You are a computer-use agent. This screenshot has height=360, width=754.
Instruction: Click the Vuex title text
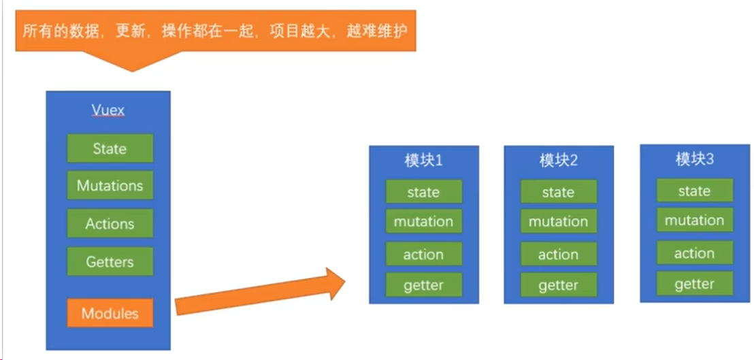pos(108,110)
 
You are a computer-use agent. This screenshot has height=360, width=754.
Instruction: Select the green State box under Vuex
pos(110,148)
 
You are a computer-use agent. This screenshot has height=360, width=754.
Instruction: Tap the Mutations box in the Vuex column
pos(110,186)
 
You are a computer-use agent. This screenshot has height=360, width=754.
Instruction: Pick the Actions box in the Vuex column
pos(110,223)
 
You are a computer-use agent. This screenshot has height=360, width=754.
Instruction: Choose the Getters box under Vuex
pos(110,261)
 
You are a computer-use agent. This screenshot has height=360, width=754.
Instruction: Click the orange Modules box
pos(110,313)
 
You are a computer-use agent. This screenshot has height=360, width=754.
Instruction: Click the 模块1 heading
pos(423,161)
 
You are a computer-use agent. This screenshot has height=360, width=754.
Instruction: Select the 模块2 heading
pos(558,161)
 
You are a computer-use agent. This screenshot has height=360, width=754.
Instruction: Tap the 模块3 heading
pos(694,159)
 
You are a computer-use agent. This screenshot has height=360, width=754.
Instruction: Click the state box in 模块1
pos(423,192)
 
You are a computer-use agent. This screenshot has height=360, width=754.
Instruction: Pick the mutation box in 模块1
pos(423,222)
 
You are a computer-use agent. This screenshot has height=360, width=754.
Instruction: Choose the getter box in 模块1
pos(423,285)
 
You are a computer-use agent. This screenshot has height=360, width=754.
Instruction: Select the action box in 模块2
pos(558,255)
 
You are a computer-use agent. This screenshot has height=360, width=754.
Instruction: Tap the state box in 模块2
pos(558,192)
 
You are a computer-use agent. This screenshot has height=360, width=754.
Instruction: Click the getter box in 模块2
pos(558,285)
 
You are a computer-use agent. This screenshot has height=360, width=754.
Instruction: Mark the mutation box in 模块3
pos(694,220)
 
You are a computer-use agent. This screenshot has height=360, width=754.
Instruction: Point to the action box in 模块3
pos(694,253)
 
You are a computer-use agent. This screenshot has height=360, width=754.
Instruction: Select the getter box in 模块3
pos(694,284)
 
